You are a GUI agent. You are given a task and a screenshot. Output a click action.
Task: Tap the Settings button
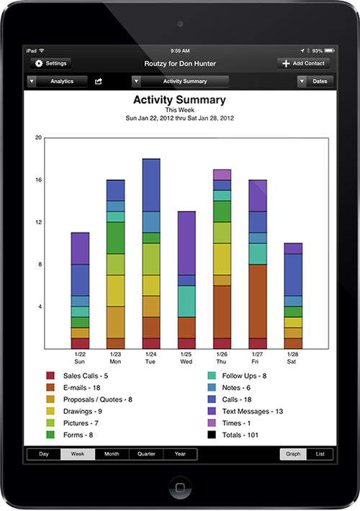[x=50, y=63]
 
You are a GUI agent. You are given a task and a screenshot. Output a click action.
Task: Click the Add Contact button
[x=303, y=63]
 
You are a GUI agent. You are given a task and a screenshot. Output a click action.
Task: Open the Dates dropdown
[x=315, y=81]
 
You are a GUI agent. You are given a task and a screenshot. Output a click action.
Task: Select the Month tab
[x=112, y=454]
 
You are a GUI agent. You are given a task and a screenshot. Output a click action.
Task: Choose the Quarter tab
[x=146, y=454]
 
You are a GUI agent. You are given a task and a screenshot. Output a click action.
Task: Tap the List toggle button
[x=320, y=454]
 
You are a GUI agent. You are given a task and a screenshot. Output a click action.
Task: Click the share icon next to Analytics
[x=98, y=81]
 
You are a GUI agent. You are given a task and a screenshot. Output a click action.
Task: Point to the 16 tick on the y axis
[x=38, y=180]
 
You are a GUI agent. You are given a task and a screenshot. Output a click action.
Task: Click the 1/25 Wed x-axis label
[x=186, y=358]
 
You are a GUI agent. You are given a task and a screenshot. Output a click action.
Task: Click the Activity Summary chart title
[x=179, y=100]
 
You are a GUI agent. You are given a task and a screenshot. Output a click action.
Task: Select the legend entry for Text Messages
[x=246, y=411]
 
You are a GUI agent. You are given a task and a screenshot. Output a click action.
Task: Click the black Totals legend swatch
[x=212, y=435]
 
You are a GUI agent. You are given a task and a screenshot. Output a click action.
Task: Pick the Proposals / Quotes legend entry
[x=89, y=399]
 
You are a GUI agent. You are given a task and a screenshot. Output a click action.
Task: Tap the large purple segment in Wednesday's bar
[x=186, y=243]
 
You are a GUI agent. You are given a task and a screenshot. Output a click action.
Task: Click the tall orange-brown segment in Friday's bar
[x=258, y=302]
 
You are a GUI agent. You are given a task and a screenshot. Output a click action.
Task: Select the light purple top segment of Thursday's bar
[x=222, y=175]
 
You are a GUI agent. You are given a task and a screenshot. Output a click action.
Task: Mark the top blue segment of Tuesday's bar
[x=151, y=186]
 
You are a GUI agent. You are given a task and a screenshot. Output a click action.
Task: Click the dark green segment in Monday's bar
[x=115, y=238]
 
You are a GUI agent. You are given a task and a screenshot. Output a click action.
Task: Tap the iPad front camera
[x=180, y=24]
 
